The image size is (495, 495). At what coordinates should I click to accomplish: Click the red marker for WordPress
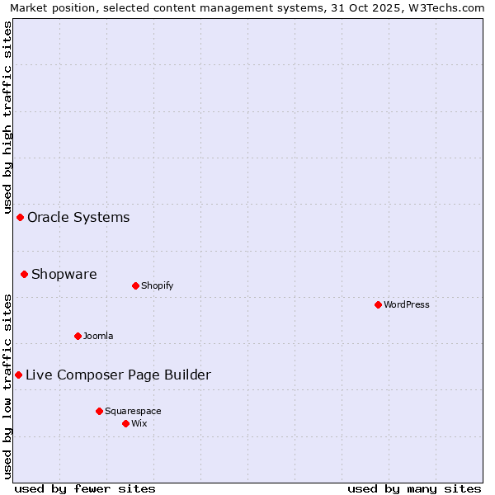[x=378, y=304]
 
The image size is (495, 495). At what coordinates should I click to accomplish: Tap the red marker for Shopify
[x=135, y=285]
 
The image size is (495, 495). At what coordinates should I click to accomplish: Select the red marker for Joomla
[x=78, y=336]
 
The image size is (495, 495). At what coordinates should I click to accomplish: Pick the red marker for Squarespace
[x=99, y=411]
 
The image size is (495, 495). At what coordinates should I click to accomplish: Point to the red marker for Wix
[x=125, y=423]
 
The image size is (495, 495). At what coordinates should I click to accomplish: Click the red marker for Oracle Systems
[x=20, y=217]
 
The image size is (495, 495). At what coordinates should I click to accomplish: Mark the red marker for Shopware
[x=24, y=274]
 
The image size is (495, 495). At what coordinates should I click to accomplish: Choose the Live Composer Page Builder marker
[x=18, y=375]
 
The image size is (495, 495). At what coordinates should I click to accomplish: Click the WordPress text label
[x=407, y=304]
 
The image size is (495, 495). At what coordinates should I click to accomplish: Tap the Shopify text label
[x=157, y=285]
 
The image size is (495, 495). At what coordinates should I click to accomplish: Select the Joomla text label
[x=98, y=336]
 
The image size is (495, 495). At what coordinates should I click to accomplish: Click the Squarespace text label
[x=133, y=411]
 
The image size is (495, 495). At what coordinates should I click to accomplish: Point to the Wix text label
[x=139, y=423]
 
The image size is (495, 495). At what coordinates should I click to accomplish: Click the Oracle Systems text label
[x=78, y=218]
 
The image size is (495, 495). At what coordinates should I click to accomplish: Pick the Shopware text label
[x=64, y=275]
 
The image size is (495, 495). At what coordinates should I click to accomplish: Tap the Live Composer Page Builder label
[x=118, y=375]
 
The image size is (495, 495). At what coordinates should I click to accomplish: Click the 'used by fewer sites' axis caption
[x=85, y=488]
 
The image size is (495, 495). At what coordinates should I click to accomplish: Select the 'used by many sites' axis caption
[x=414, y=488]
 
